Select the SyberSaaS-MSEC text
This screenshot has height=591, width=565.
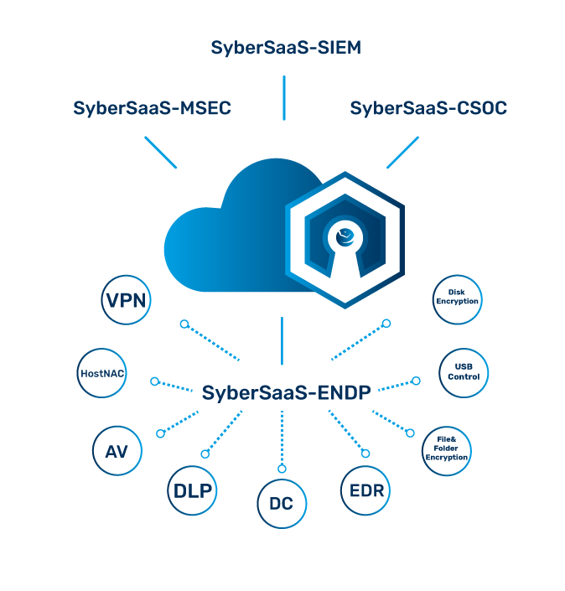(x=152, y=108)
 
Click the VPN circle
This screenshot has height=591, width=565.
(x=127, y=300)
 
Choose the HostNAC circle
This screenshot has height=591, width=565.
(x=101, y=372)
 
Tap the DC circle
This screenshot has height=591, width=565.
(x=282, y=505)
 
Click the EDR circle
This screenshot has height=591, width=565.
(x=366, y=490)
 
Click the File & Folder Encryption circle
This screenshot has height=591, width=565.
(x=447, y=447)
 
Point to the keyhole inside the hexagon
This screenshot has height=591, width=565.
(x=346, y=251)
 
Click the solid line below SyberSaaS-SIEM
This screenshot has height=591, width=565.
(x=284, y=97)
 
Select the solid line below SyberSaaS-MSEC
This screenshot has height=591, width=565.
(x=161, y=152)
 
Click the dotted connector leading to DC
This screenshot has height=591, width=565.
(x=282, y=438)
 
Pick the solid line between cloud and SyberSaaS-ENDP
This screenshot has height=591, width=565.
(x=282, y=340)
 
